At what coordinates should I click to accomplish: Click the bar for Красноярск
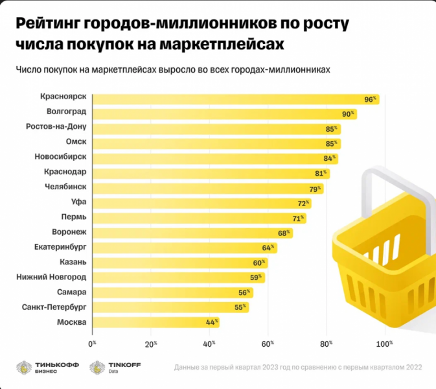point(233,99)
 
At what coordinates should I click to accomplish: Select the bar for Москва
point(155,322)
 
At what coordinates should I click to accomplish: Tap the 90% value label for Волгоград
point(349,114)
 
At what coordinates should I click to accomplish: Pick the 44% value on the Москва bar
point(211,322)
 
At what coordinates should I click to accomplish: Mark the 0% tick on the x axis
point(92,344)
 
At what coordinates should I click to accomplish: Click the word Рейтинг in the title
point(49,23)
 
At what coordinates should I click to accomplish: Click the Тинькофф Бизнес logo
point(48,368)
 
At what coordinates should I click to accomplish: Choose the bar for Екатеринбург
point(184,248)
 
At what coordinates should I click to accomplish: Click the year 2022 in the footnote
point(411,368)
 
